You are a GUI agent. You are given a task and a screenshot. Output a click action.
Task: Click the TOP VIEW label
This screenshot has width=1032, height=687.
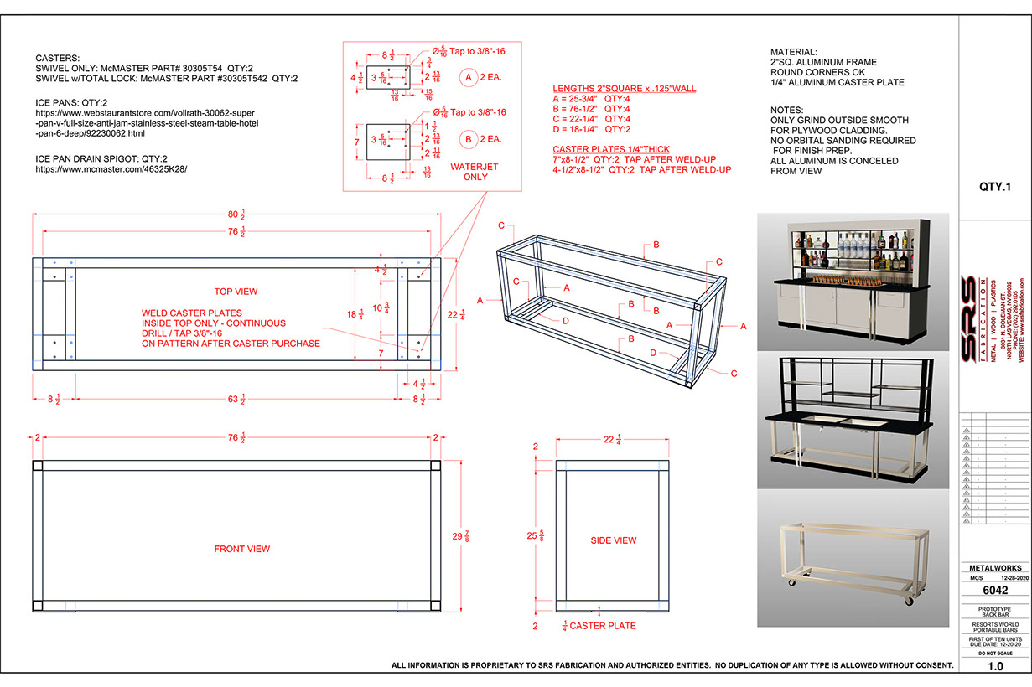(x=236, y=292)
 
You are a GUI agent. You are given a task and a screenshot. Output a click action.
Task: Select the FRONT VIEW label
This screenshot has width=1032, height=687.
(x=241, y=549)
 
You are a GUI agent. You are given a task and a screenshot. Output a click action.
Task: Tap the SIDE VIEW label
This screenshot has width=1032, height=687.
(x=614, y=540)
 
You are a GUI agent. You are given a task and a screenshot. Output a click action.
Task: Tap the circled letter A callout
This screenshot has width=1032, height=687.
(x=469, y=77)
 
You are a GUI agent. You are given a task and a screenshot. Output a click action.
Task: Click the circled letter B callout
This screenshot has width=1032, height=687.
(x=469, y=137)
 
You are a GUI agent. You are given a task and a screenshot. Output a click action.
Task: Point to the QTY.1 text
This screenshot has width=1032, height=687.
(x=994, y=187)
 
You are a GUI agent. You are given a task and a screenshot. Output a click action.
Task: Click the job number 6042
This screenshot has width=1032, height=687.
(x=994, y=590)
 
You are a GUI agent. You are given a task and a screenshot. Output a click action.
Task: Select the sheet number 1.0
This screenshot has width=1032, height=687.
(x=995, y=667)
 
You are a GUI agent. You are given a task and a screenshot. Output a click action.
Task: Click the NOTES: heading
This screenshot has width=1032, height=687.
(x=787, y=111)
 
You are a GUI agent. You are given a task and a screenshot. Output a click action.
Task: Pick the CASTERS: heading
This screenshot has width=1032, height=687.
(x=58, y=58)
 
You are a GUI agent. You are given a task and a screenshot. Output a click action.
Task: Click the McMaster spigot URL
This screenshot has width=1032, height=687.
(x=111, y=168)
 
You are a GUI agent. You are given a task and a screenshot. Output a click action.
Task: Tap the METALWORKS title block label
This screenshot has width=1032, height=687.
(x=994, y=568)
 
